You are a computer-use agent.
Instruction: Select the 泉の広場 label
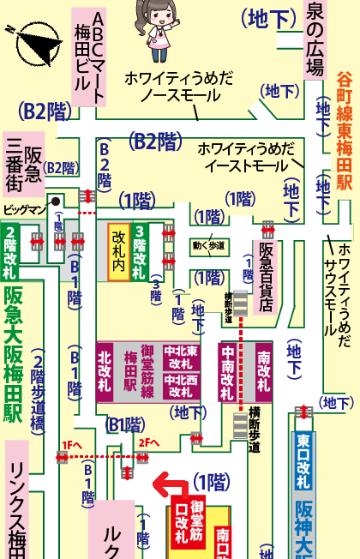pos(315,40)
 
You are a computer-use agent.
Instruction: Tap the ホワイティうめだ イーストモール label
pos(245,156)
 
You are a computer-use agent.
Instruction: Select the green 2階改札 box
pos(10,250)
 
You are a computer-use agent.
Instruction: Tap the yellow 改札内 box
pos(117,251)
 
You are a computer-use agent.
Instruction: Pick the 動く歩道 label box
pos(208,246)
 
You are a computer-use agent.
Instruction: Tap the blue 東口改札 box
pos(303,462)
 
